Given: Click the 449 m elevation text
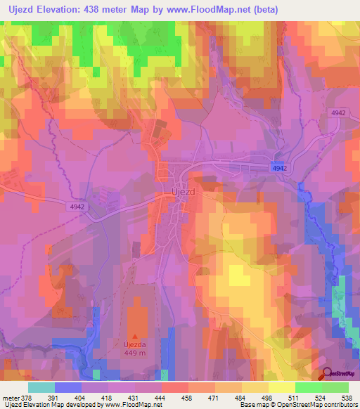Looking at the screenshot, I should (x=135, y=354).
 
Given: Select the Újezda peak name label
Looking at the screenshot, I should (x=135, y=346).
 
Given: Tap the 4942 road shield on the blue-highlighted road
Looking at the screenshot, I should (x=280, y=168).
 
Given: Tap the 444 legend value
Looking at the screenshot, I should (x=161, y=397).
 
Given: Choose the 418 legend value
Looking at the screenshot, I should (x=108, y=397).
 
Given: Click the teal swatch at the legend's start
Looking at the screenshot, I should (x=41, y=387).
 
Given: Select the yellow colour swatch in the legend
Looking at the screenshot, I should (x=281, y=387).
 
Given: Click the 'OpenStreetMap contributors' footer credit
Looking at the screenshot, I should (x=310, y=405).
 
